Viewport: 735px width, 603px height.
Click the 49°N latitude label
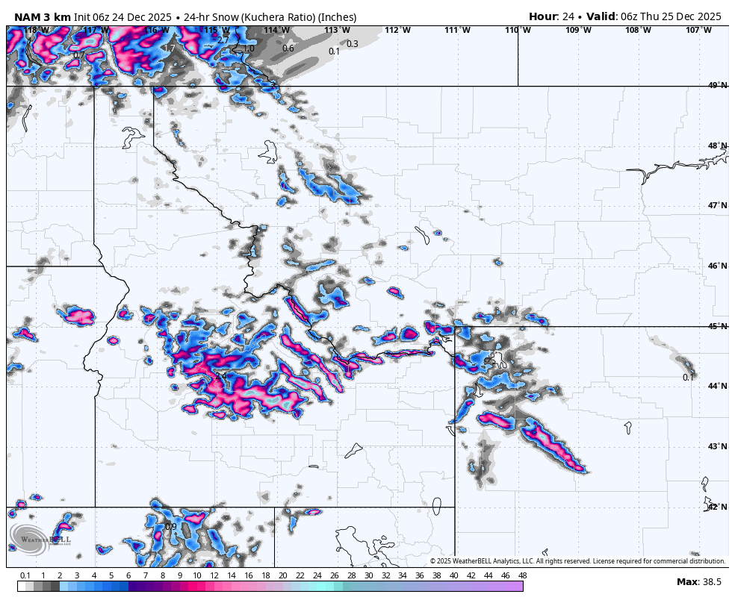[x=717, y=86]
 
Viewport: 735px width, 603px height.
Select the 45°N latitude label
[x=717, y=326]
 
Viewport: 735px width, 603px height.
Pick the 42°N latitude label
[x=717, y=507]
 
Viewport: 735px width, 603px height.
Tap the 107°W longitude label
[x=698, y=31]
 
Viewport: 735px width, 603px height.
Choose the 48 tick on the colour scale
[x=522, y=575]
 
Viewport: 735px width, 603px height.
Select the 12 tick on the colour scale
[x=214, y=575]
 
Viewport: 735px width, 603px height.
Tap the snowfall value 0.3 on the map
[x=353, y=44]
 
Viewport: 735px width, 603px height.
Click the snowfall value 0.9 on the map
[x=170, y=527]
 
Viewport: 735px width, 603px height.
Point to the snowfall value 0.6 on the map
[x=288, y=49]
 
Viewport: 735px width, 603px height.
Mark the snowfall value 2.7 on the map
[x=223, y=41]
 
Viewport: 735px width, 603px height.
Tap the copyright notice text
[x=577, y=561]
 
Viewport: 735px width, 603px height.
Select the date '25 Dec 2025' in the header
[x=688, y=16]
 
